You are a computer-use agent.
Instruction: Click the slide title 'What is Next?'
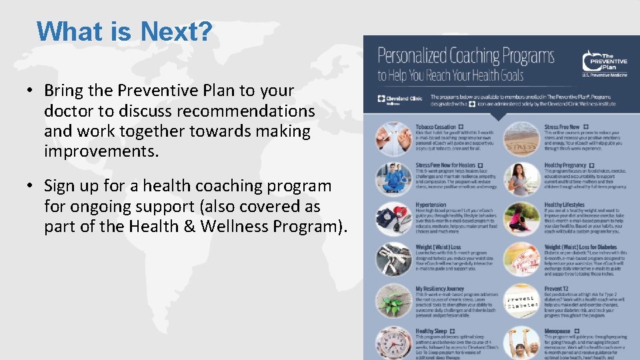point(124,31)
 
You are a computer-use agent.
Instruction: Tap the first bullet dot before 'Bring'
point(31,91)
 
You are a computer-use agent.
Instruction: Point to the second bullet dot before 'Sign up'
point(31,187)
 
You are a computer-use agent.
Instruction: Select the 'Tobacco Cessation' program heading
point(436,127)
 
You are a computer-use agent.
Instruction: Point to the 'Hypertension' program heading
point(431,205)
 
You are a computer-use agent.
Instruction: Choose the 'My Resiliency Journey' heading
point(440,289)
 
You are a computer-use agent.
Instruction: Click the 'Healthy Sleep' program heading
point(431,331)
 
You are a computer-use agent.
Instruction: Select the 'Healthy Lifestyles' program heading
point(564,205)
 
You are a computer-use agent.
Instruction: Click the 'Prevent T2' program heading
point(557,289)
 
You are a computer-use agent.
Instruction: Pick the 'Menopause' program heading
point(557,331)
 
